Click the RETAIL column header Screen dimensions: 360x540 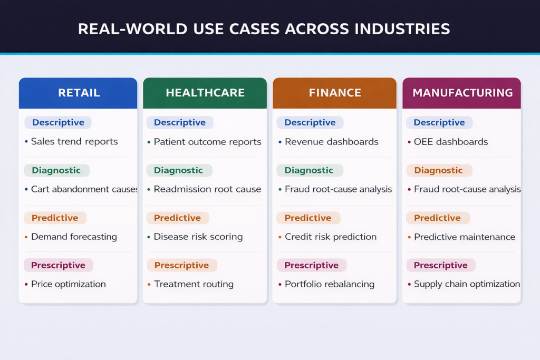(79, 93)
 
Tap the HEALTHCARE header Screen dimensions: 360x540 (205, 93)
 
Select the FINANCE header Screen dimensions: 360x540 (335, 93)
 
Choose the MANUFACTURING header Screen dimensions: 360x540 (462, 93)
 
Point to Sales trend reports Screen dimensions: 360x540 (74, 142)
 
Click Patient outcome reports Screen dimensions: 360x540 (207, 142)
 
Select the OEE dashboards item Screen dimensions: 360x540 (451, 142)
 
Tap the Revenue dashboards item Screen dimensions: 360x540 (332, 142)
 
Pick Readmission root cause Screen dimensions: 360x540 (207, 189)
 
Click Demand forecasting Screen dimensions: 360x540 (74, 237)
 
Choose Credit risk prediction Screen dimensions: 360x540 (331, 237)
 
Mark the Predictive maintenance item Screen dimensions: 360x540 (465, 237)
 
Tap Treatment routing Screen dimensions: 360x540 (194, 284)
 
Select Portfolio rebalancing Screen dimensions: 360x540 (330, 284)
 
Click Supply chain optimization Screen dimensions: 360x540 (467, 284)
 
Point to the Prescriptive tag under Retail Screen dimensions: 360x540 (58, 265)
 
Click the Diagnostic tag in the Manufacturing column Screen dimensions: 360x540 (438, 170)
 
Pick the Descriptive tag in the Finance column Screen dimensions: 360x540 (310, 123)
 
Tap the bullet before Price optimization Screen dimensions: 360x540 (26, 285)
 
